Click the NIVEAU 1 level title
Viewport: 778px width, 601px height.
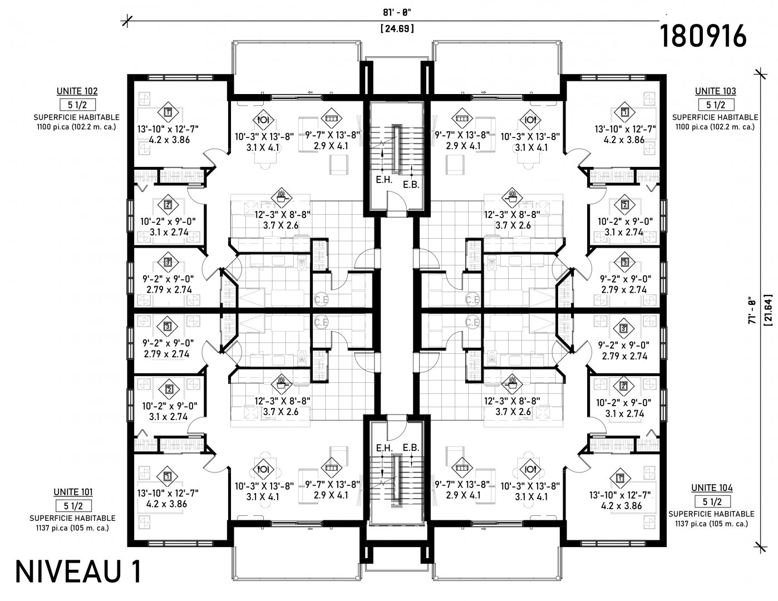pyautogui.click(x=78, y=571)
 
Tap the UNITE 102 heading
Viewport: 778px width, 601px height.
pyautogui.click(x=77, y=91)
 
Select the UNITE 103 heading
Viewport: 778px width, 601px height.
pyautogui.click(x=715, y=91)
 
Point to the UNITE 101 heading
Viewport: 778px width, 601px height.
pyautogui.click(x=73, y=492)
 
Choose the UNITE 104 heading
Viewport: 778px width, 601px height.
pyautogui.click(x=712, y=488)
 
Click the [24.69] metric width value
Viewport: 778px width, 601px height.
pyautogui.click(x=397, y=28)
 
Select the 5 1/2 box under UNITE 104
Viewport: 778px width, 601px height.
pyautogui.click(x=712, y=501)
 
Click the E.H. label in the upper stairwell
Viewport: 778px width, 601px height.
pyautogui.click(x=384, y=180)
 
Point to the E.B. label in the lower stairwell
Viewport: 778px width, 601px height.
pyautogui.click(x=411, y=447)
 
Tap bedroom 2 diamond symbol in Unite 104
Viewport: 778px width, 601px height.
pyautogui.click(x=624, y=386)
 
